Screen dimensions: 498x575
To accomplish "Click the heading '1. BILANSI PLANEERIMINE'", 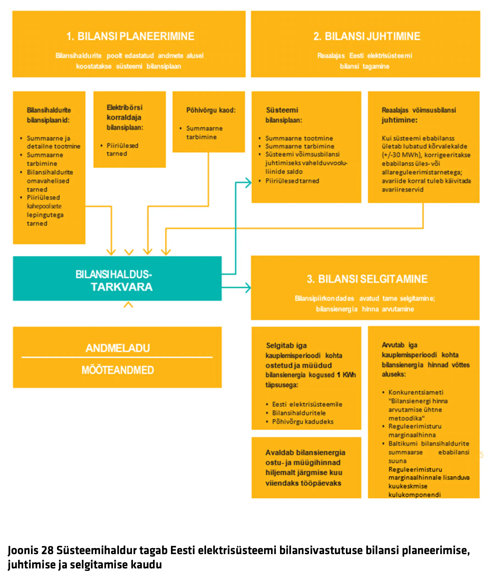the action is tap(130, 36).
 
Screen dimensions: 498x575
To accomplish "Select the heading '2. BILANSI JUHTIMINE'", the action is tap(367, 36).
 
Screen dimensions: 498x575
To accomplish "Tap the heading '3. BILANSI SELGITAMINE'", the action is tap(367, 279).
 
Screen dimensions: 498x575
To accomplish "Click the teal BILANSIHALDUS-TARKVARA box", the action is tap(117, 278).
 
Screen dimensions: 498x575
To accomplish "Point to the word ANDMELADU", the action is tap(118, 348).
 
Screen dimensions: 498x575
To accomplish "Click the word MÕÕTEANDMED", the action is tap(118, 370).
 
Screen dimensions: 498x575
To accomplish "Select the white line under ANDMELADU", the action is tap(117, 357).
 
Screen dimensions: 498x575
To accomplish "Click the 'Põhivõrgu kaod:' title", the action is tap(211, 110).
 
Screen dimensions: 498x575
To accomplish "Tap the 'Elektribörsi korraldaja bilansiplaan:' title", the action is tap(125, 117).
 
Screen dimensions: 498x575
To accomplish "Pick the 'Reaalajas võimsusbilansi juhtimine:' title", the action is tap(419, 115).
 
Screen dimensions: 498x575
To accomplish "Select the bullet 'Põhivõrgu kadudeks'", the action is tap(303, 422).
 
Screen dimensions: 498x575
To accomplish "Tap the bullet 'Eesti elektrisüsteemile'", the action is tap(307, 404).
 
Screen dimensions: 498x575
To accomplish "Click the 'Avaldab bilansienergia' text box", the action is tap(306, 468).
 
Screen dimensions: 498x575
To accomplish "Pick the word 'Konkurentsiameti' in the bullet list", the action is tap(416, 392).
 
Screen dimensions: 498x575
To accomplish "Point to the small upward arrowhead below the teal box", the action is tap(128, 305).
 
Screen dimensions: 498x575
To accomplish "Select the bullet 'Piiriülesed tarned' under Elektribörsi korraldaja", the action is tap(122, 150).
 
